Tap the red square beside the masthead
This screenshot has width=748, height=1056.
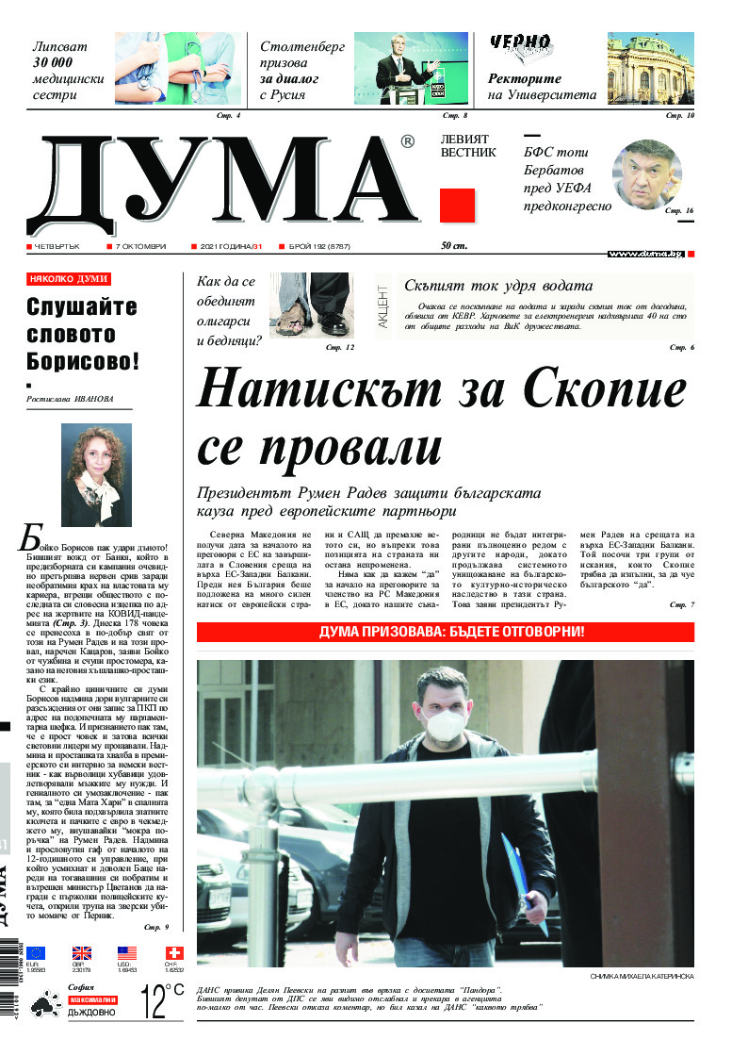coord(457,205)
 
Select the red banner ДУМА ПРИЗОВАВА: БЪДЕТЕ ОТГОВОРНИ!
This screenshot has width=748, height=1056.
coord(446,631)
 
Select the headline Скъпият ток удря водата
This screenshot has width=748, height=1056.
coord(497,286)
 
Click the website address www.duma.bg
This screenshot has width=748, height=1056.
coord(672,254)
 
